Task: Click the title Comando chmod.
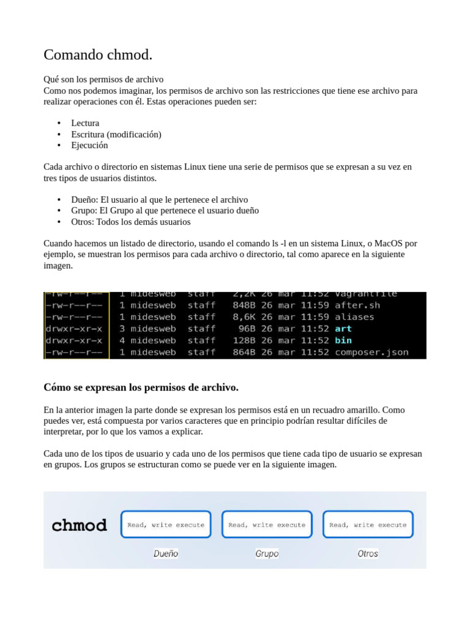coord(98,54)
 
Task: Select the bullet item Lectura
coord(85,123)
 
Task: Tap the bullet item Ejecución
coord(89,145)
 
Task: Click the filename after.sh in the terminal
coord(357,305)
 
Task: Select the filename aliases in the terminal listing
coord(354,317)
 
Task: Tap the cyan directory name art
coord(343,328)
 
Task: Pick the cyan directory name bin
coord(343,340)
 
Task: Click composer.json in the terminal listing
coord(371,352)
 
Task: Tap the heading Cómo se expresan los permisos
coord(141,388)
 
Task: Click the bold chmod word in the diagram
coord(80,525)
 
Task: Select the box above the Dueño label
coord(166,524)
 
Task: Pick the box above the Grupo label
coord(267,524)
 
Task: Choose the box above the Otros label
coord(368,524)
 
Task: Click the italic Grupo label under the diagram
coord(267,554)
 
